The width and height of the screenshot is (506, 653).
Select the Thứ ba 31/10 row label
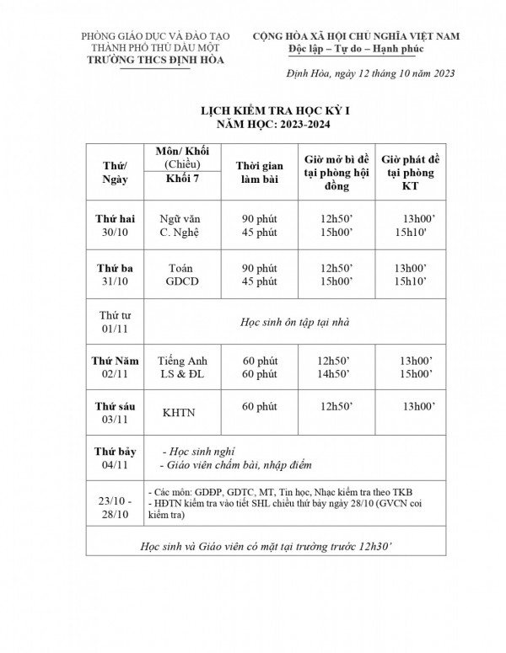pyautogui.click(x=113, y=275)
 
